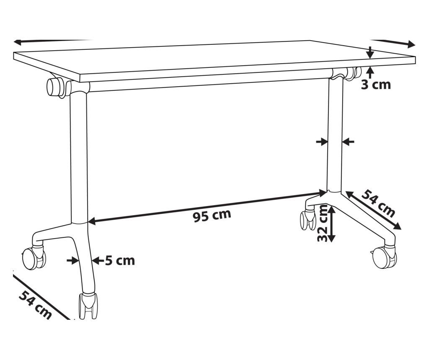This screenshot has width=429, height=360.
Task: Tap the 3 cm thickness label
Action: (x=376, y=85)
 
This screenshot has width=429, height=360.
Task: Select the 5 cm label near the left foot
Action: (x=120, y=261)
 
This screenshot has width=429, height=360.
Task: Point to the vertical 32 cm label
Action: (x=322, y=223)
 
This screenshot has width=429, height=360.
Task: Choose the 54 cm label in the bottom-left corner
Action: (x=35, y=304)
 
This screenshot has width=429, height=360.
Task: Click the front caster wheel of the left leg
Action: (x=88, y=306)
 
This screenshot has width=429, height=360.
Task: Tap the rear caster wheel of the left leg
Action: (x=33, y=257)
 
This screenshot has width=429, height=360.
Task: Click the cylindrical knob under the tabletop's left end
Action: (x=55, y=87)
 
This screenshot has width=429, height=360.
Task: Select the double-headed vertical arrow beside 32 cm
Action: (x=331, y=224)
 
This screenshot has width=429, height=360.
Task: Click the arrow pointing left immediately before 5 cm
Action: (x=97, y=261)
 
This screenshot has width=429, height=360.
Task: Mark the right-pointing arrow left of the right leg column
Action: (x=322, y=142)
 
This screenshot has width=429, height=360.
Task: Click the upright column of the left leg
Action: (x=79, y=159)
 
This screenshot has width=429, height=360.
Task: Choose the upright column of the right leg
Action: (x=335, y=134)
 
